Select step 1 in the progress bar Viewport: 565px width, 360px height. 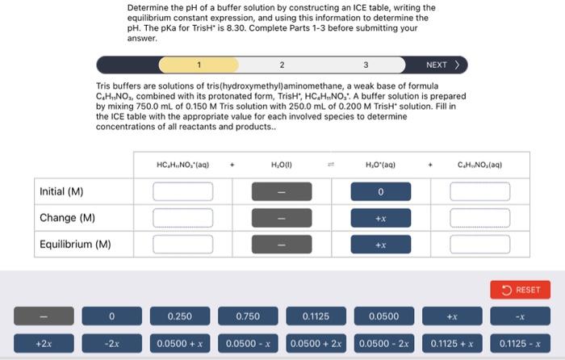198,65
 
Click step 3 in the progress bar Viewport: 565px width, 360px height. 366,65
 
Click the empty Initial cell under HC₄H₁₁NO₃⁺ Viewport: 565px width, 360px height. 183,191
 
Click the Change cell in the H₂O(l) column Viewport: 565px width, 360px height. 282,218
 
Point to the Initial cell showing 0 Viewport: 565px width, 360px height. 380,191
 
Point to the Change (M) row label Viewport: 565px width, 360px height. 68,218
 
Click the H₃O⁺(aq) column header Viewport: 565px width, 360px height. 380,165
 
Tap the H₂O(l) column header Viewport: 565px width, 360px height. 282,165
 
